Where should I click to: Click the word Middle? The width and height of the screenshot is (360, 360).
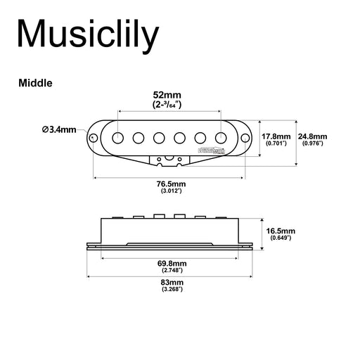click(x=35, y=82)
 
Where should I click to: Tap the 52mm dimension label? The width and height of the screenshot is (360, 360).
click(x=168, y=94)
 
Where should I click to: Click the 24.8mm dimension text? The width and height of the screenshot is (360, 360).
click(x=312, y=136)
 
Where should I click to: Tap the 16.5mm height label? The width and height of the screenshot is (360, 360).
click(x=281, y=231)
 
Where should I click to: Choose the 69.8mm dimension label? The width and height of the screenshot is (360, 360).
click(x=172, y=264)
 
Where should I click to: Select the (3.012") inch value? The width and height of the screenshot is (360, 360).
click(x=172, y=191)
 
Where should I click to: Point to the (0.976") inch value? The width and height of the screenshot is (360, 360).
click(x=312, y=143)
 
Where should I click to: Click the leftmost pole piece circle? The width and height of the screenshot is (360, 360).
click(x=120, y=136)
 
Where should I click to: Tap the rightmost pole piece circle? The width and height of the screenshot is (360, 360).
click(x=222, y=136)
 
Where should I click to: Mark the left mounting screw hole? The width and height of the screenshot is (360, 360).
click(x=94, y=136)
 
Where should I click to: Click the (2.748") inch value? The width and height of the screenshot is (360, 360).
click(x=172, y=271)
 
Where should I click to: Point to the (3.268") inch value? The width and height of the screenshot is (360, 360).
click(x=172, y=289)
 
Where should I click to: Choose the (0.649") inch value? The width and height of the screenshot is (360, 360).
click(x=281, y=238)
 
